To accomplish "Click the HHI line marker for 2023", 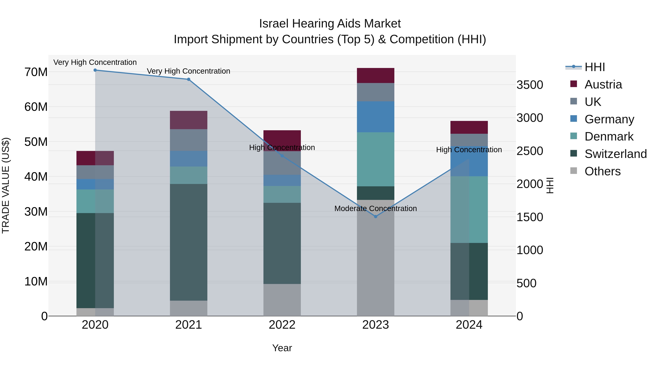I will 376,217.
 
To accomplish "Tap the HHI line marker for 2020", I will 95,70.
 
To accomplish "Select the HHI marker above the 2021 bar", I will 189,79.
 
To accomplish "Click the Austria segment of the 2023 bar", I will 376,75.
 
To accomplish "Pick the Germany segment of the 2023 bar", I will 376,117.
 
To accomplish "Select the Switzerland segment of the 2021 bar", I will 189,242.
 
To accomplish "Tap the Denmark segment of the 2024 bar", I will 469,209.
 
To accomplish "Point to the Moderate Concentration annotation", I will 376,208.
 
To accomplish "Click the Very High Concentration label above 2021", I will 189,71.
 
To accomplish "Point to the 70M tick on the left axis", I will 36,72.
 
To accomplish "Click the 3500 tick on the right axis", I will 530,85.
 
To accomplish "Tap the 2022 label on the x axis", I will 282,325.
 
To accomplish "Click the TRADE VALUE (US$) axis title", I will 6,185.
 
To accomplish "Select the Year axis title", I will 282,348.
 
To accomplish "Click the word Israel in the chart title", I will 274,24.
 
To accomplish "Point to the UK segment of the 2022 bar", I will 282,163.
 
